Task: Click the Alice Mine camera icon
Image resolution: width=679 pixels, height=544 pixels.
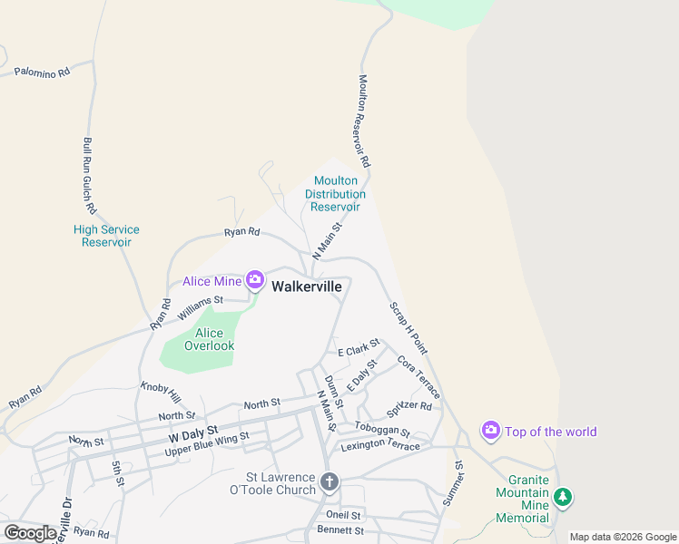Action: click(255, 280)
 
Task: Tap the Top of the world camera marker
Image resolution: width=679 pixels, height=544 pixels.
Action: click(491, 431)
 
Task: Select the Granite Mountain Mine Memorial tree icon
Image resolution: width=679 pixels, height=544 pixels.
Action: click(564, 497)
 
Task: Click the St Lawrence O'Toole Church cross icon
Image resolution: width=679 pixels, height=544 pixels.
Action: click(330, 481)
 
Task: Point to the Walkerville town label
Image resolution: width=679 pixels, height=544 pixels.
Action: click(308, 286)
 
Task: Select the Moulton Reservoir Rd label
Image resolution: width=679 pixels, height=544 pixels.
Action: click(365, 121)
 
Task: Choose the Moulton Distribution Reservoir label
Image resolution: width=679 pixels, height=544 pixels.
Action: click(335, 194)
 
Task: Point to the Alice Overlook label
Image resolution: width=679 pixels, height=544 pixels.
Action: click(209, 339)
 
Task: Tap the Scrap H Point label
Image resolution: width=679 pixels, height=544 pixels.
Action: click(408, 327)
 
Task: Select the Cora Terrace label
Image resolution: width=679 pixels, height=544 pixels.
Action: click(418, 376)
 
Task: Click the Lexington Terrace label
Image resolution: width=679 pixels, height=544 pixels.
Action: click(380, 446)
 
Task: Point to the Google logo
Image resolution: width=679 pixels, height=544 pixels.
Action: click(30, 533)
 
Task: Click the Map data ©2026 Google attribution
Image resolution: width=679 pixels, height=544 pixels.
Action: click(623, 537)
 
